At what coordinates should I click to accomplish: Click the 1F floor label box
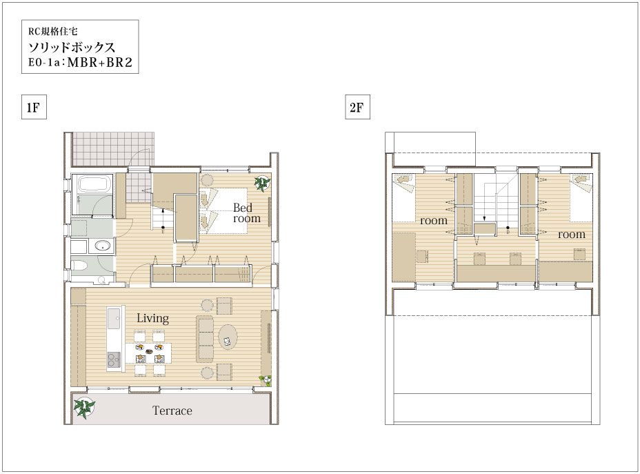click(34, 107)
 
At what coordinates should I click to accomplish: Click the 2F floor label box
click(357, 107)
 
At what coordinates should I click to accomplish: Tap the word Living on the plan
click(152, 319)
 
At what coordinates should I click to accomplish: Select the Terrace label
click(172, 411)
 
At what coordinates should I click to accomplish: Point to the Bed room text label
click(246, 213)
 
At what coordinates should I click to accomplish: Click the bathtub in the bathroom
click(95, 184)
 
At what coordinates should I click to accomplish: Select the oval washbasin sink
click(102, 246)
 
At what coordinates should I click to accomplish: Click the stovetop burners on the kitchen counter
click(114, 359)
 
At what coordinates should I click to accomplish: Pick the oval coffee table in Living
click(228, 337)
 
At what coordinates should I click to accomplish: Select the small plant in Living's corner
click(266, 380)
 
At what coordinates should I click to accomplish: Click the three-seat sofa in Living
click(205, 339)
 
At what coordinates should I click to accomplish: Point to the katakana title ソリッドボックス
click(72, 48)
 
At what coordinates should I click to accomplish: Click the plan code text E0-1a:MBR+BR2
click(81, 63)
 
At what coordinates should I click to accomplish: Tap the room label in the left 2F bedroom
click(434, 221)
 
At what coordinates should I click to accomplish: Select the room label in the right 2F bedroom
click(572, 235)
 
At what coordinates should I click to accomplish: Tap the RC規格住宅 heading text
click(52, 32)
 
